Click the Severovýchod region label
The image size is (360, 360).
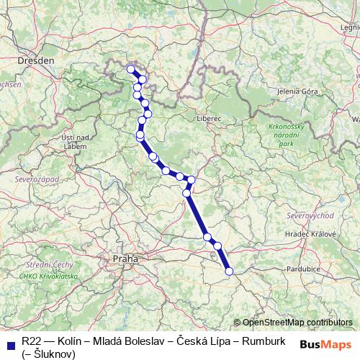click(x=307, y=216)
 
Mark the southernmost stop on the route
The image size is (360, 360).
click(x=230, y=271)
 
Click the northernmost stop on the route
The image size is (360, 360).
click(x=130, y=69)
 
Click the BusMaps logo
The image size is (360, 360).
click(x=325, y=343)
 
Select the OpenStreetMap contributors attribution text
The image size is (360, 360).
click(x=297, y=323)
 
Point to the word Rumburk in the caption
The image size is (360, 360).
click(x=265, y=340)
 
